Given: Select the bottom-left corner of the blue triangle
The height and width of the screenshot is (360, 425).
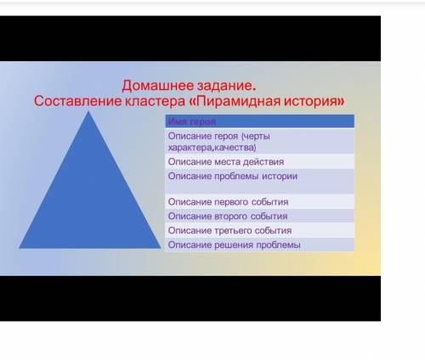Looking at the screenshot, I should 20,248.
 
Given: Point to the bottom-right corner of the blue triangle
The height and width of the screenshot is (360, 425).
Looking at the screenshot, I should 160,248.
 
